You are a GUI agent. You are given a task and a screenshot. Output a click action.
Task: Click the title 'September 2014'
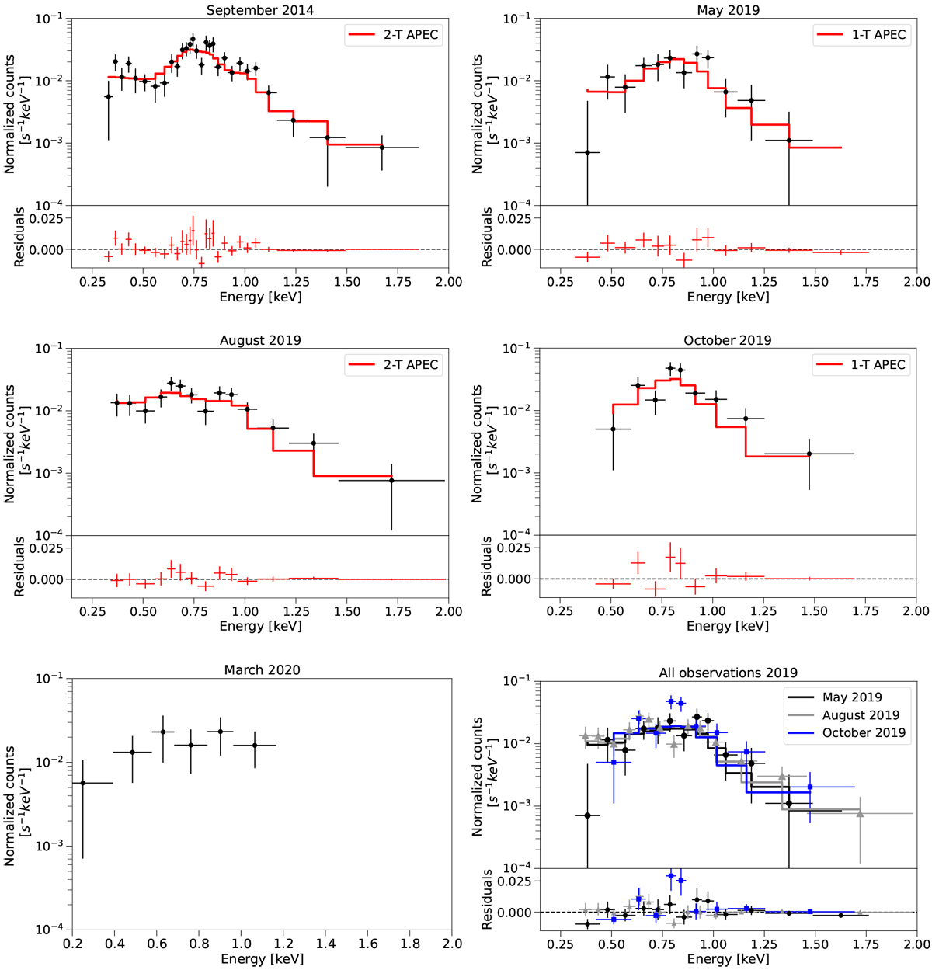click(261, 10)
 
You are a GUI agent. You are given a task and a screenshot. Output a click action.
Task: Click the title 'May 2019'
click(728, 10)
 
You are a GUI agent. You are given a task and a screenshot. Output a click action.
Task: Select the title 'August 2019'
click(261, 340)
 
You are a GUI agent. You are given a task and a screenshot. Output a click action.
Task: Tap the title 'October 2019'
click(728, 340)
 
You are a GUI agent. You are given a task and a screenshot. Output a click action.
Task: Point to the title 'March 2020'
click(262, 669)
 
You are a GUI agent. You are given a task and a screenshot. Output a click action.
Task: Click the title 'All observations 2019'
click(728, 673)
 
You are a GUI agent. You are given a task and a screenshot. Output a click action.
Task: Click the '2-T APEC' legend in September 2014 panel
click(394, 35)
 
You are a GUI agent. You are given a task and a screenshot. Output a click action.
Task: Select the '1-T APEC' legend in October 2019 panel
click(861, 364)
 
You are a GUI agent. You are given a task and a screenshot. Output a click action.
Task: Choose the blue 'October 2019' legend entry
click(846, 732)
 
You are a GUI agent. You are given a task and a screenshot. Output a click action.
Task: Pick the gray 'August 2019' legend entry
click(846, 714)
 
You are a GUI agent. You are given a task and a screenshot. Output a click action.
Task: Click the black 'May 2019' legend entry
click(846, 697)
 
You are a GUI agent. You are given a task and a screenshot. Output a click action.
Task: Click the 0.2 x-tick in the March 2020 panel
click(72, 944)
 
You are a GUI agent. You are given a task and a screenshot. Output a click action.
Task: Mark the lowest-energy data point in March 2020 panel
click(83, 783)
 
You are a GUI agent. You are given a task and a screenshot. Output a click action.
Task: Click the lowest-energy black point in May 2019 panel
click(587, 152)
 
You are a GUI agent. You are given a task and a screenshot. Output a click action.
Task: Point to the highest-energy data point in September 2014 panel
click(382, 148)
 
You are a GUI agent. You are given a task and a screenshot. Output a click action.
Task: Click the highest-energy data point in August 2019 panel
click(391, 480)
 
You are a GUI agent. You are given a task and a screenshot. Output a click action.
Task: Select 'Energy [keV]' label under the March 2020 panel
click(262, 959)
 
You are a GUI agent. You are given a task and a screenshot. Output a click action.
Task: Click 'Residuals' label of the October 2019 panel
click(486, 566)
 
